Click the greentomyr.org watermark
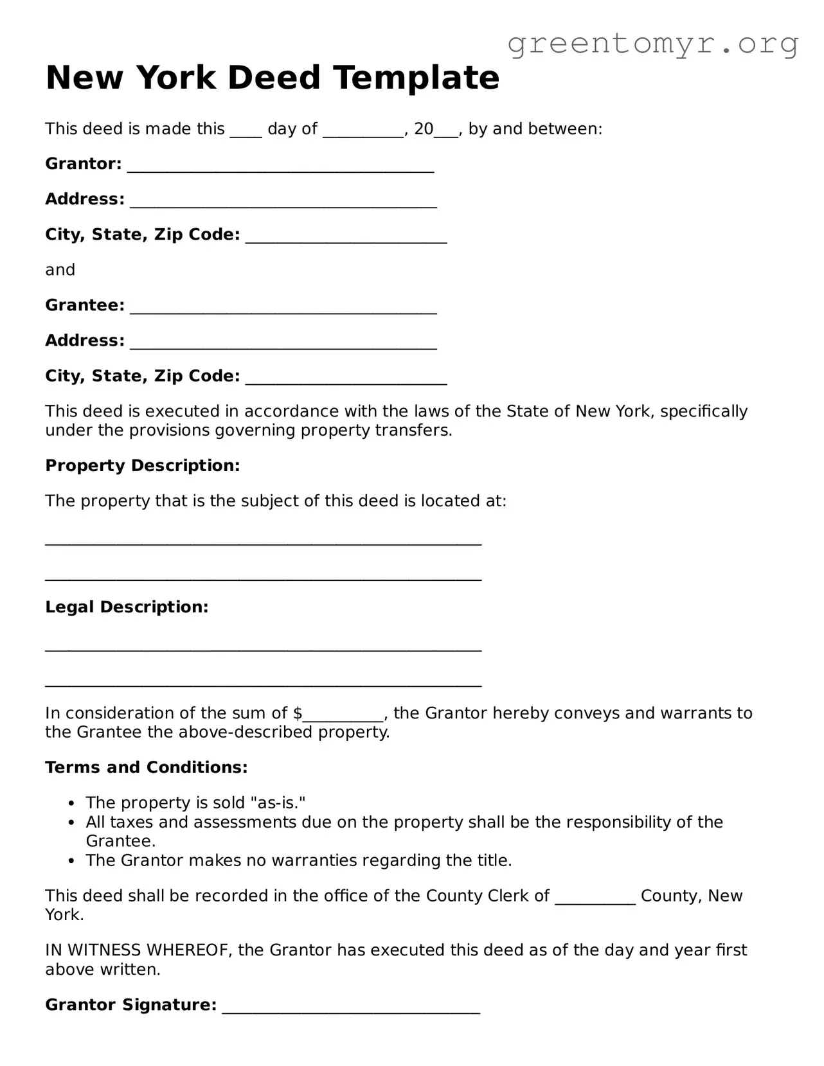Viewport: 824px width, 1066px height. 652,44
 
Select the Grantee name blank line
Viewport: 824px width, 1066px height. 283,308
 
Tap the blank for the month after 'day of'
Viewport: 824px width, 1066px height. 363,131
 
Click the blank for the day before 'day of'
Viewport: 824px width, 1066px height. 246,131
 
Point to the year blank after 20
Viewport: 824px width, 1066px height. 446,131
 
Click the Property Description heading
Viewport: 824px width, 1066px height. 142,466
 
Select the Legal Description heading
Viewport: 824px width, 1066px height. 127,607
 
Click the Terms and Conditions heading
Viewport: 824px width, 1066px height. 146,768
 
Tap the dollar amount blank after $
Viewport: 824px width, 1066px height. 343,715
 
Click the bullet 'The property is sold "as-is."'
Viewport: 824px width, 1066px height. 195,803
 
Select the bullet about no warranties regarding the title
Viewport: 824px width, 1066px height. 298,861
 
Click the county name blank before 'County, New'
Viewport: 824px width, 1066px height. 595,898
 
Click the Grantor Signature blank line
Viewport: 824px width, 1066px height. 351,1008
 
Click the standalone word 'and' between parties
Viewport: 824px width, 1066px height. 60,270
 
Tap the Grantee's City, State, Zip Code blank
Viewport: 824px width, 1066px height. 346,378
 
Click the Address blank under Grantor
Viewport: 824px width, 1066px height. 283,202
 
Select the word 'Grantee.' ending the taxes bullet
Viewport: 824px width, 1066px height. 121,842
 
